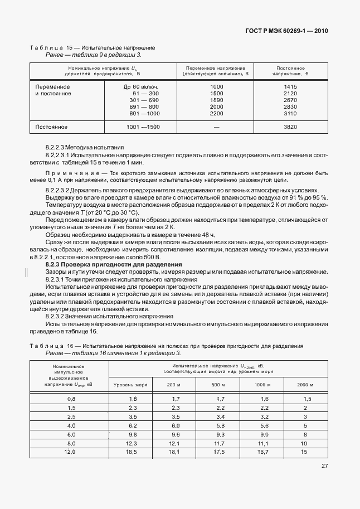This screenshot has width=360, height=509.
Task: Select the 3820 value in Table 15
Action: click(290, 127)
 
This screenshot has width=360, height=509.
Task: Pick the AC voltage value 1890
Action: click(216, 100)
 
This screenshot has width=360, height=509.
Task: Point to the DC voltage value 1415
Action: click(290, 86)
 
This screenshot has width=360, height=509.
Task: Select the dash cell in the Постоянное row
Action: click(216, 127)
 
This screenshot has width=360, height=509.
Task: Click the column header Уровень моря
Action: click(130, 385)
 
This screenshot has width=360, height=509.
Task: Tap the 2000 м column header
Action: click(305, 385)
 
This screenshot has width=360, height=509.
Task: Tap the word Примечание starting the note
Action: click(66, 173)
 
